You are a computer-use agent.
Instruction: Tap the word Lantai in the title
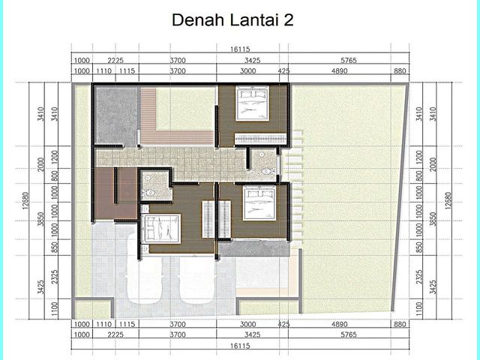click(x=253, y=20)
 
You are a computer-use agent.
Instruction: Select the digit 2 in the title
click(x=288, y=20)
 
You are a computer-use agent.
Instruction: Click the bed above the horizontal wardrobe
click(x=252, y=103)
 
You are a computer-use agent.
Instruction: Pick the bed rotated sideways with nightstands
click(x=160, y=229)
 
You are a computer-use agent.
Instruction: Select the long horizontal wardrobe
click(x=260, y=139)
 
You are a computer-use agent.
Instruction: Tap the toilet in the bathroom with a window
click(x=266, y=172)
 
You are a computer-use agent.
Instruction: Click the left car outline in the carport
click(x=144, y=268)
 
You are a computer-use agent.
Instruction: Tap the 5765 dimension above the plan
click(x=349, y=60)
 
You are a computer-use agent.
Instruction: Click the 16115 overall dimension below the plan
click(x=240, y=346)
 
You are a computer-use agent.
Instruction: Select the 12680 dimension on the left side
click(x=25, y=200)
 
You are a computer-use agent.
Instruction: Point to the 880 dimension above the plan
click(x=400, y=71)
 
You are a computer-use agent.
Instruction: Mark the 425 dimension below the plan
click(x=283, y=324)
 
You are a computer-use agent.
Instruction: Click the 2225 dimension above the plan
click(x=115, y=60)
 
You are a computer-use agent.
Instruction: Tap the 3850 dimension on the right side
click(x=433, y=219)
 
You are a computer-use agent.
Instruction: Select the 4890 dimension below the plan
click(x=340, y=324)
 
